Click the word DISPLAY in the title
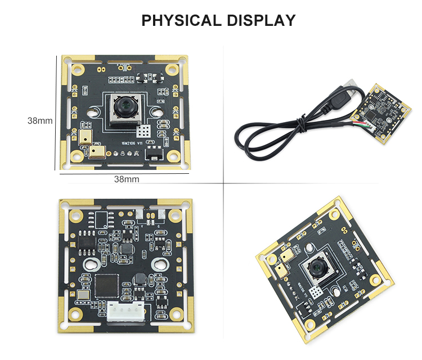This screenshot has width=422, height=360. [261, 21]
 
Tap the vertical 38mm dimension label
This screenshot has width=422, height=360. [40, 120]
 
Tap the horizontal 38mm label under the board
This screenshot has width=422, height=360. [127, 179]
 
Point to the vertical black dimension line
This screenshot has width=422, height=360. [55, 112]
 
